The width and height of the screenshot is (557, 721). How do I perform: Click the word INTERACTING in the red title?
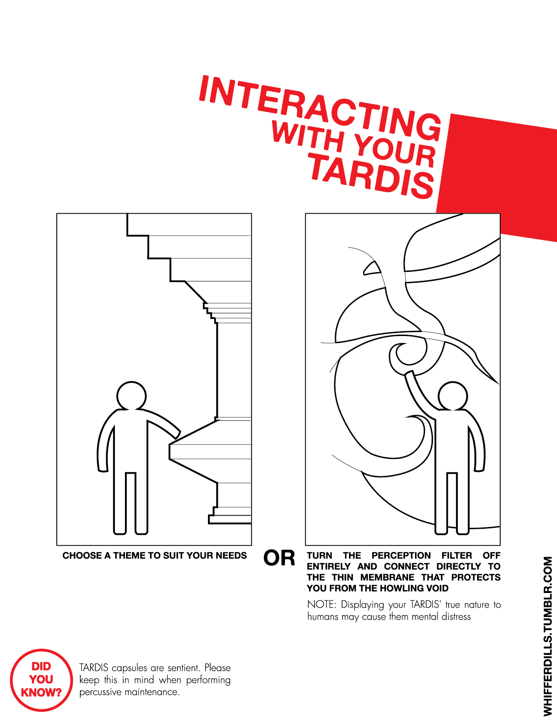coord(320,108)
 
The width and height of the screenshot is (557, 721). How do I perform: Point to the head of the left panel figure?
coord(131,396)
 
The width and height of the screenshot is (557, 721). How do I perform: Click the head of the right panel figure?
coord(453,396)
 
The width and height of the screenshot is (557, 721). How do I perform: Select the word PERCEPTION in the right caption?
coord(401,555)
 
